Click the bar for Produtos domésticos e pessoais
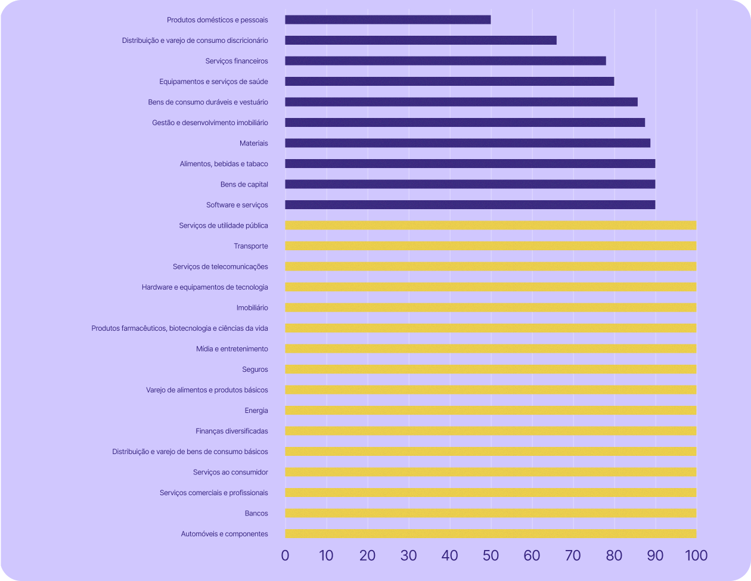[387, 20]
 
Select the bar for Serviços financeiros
[445, 61]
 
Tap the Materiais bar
[467, 143]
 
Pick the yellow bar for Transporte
[491, 246]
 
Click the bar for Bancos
[491, 513]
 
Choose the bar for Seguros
[491, 369]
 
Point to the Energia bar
[491, 411]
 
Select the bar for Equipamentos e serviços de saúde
[449, 82]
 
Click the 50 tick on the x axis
[491, 555]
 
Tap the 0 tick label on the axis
[285, 555]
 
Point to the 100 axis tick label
[696, 555]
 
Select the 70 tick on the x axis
[573, 555]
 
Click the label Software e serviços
[237, 205]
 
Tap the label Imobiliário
[252, 307]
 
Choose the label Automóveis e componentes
[224, 534]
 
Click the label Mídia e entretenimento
[232, 349]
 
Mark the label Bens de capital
[244, 184]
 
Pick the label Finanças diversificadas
[231, 431]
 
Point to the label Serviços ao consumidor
[230, 472]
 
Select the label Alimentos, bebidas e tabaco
[224, 164]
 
